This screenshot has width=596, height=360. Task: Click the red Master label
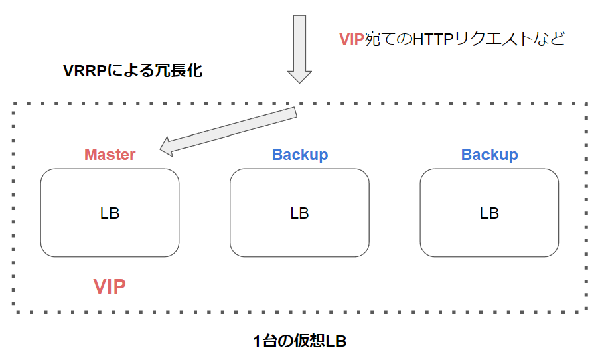[x=110, y=155]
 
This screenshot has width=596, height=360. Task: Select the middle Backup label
[x=299, y=155]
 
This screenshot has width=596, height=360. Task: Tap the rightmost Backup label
[x=489, y=155]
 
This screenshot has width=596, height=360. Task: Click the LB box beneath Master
[x=110, y=213]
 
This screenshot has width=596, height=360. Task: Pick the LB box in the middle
[x=299, y=213]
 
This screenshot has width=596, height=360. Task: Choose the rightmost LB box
[x=489, y=213]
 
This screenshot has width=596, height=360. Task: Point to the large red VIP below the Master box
[x=110, y=287]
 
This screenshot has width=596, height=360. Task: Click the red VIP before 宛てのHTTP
[x=352, y=39]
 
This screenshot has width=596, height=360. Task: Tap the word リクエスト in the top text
[x=493, y=39]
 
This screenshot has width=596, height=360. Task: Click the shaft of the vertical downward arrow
[x=299, y=40]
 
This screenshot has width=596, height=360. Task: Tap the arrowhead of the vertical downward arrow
[x=299, y=75]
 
